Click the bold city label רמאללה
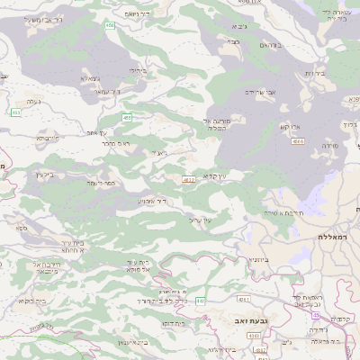click(x=333, y=236)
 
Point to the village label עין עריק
click(x=201, y=220)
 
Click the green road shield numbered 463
click(x=16, y=112)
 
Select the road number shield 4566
click(x=298, y=141)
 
